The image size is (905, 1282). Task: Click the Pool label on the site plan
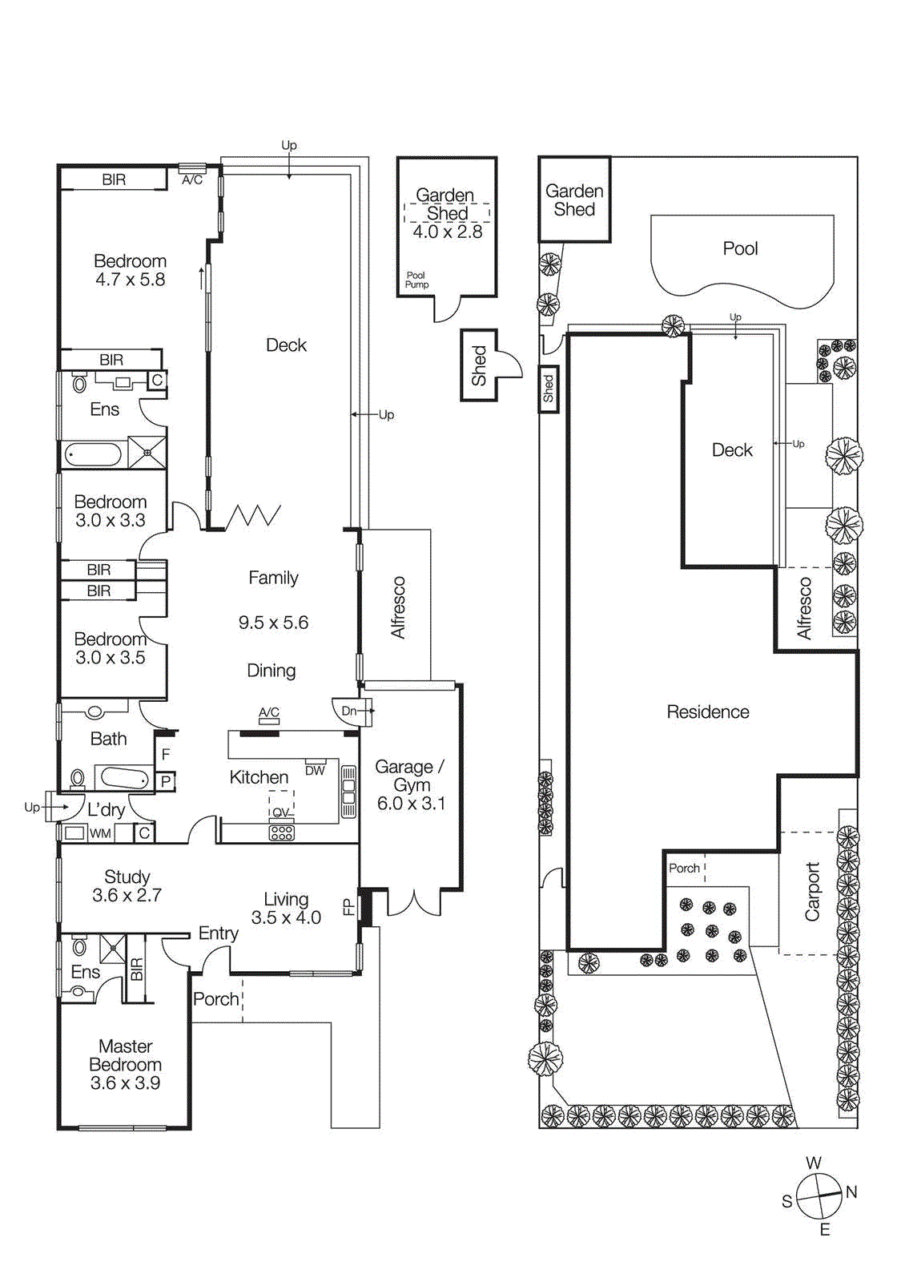[740, 248]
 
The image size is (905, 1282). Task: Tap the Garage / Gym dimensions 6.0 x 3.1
[411, 804]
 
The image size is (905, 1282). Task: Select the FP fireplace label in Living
[348, 906]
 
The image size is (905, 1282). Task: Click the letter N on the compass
[851, 1192]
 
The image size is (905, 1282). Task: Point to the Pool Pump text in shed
[416, 280]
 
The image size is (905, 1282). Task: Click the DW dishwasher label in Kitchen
[315, 771]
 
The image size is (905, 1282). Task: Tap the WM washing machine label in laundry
[100, 833]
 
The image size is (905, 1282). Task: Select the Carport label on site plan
[812, 891]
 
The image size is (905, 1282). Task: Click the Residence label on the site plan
[708, 712]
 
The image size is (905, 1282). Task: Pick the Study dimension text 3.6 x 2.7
[127, 896]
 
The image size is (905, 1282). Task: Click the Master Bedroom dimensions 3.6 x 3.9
[125, 1083]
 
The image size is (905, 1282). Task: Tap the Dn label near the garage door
[349, 711]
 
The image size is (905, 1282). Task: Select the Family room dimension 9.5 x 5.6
[273, 623]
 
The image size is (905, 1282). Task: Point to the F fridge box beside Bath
[166, 754]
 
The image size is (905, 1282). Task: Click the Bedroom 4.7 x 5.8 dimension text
[130, 280]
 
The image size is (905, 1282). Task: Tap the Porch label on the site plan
[684, 868]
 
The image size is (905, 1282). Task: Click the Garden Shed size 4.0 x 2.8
[447, 232]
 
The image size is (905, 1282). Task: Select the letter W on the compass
[814, 1163]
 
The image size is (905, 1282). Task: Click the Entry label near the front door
[218, 933]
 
